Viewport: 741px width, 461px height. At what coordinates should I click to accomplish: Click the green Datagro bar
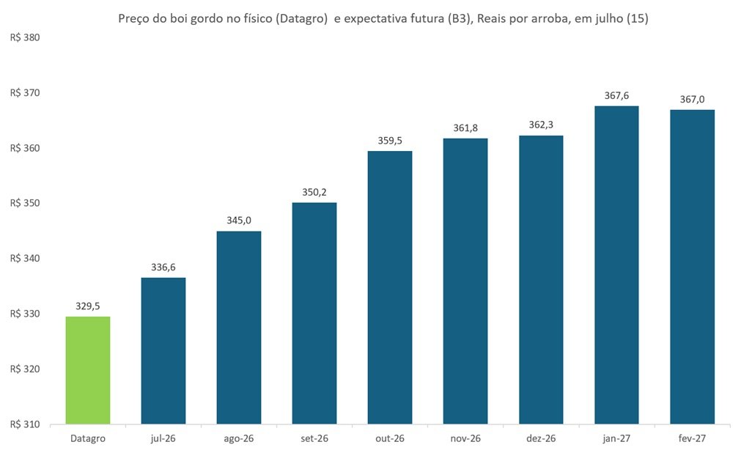click(88, 370)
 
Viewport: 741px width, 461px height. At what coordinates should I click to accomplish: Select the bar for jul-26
click(163, 351)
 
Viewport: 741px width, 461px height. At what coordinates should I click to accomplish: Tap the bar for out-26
click(390, 287)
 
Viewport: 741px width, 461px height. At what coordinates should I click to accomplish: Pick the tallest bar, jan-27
click(616, 265)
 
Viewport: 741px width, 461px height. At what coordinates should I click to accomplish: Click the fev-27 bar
click(693, 267)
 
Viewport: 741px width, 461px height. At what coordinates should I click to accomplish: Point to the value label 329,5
click(88, 306)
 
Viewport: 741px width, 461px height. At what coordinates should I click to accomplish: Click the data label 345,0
click(239, 221)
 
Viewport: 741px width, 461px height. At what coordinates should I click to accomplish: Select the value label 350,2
click(314, 192)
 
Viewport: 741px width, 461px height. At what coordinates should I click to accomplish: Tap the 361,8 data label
click(465, 128)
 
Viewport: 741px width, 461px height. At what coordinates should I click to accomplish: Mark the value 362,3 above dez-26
click(541, 125)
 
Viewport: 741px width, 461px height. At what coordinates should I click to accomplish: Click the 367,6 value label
click(616, 96)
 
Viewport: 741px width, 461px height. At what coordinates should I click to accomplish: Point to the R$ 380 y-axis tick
click(25, 38)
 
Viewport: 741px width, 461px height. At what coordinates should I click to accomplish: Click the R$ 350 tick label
click(25, 203)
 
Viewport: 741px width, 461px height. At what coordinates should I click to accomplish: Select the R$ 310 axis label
click(25, 424)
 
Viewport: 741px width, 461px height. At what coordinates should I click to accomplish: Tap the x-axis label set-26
click(314, 439)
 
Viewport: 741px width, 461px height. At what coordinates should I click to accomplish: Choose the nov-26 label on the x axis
click(465, 439)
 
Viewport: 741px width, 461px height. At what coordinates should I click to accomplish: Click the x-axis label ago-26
click(239, 439)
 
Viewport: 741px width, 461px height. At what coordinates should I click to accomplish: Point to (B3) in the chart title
click(461, 19)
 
